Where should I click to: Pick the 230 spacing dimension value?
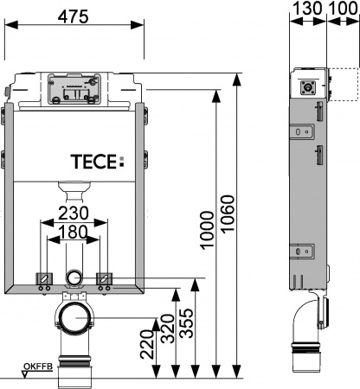(x=77, y=214)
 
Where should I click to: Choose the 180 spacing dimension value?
(x=77, y=232)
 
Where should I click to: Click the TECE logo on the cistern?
(x=96, y=160)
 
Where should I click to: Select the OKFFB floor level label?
(x=37, y=367)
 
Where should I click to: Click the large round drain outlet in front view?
(x=75, y=317)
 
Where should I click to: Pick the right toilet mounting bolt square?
(x=106, y=278)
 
